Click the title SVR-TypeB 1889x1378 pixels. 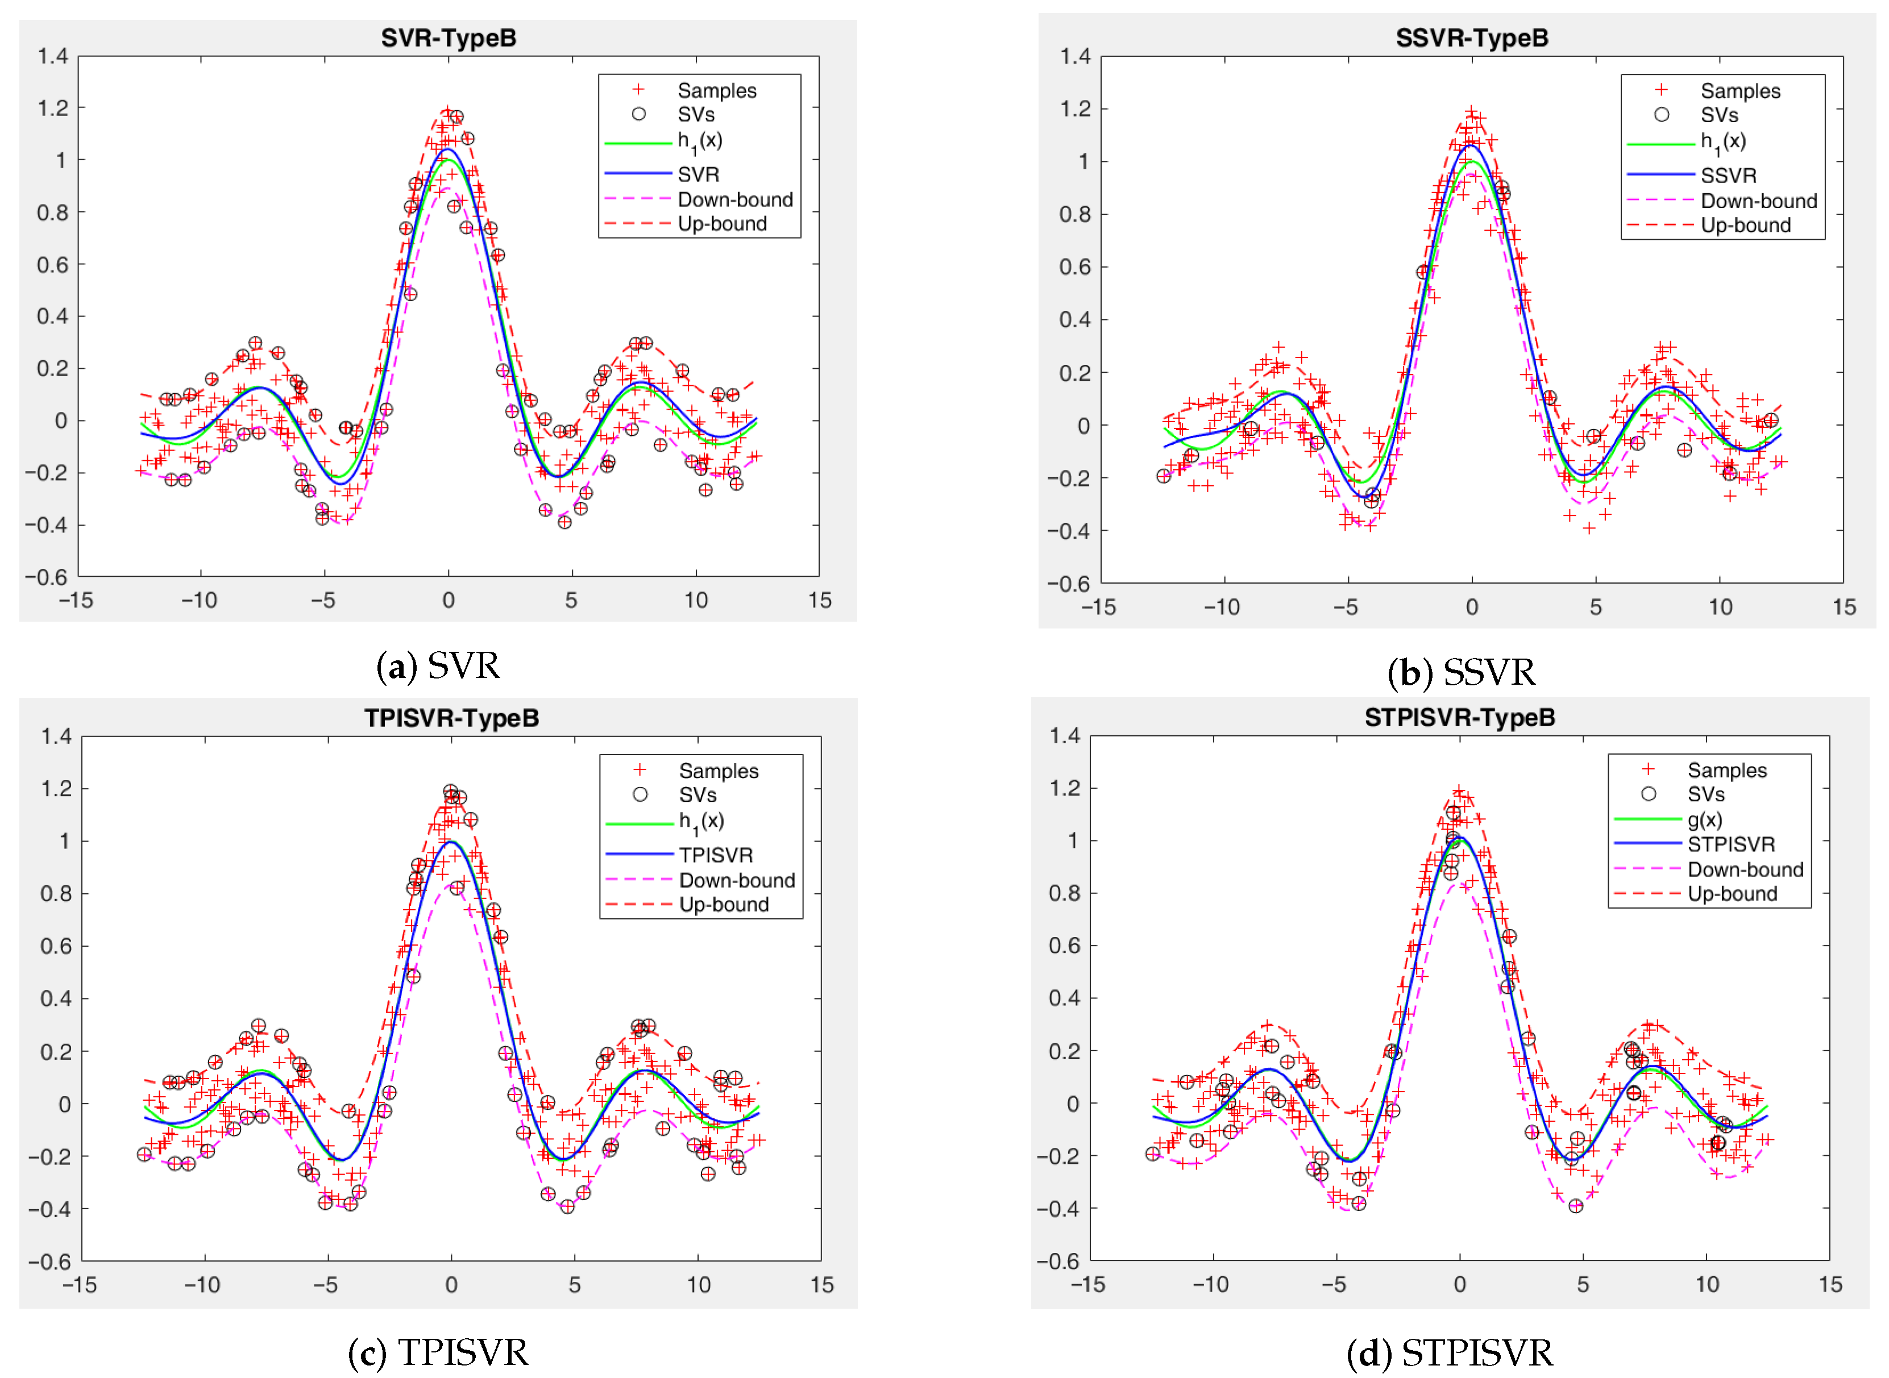tap(449, 39)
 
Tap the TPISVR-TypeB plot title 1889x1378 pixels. tap(451, 718)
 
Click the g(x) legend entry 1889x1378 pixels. tap(1705, 819)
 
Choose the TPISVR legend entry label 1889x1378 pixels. tap(716, 855)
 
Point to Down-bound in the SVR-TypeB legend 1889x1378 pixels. tap(735, 200)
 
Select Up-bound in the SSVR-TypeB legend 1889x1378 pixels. tap(1746, 225)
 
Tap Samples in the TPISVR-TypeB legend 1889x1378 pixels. tap(719, 771)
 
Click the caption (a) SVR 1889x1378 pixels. tap(438, 667)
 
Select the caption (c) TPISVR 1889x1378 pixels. tap(438, 1352)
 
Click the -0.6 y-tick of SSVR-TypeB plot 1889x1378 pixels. tap(1068, 584)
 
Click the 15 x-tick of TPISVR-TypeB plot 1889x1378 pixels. tap(822, 1285)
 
